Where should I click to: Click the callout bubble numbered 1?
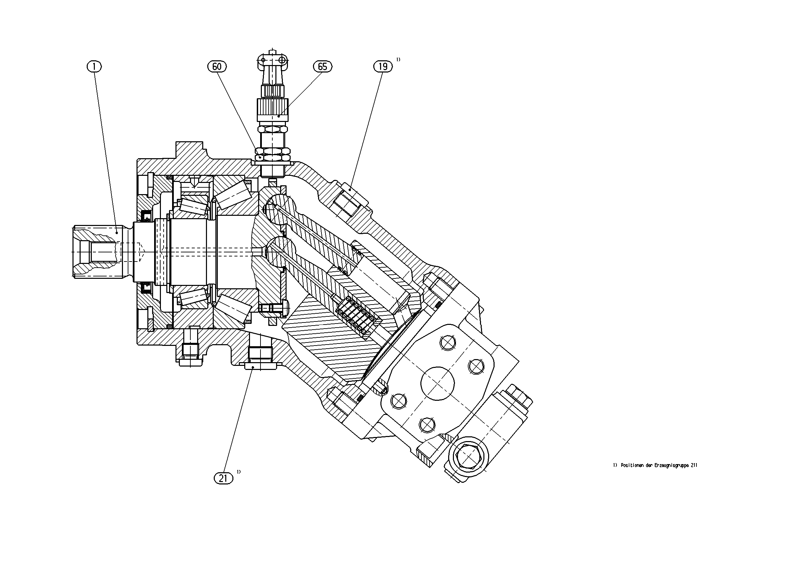point(94,66)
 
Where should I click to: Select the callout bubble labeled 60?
point(217,66)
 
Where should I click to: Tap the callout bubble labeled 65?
point(322,66)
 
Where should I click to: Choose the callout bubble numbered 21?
point(223,478)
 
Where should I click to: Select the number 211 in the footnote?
point(694,465)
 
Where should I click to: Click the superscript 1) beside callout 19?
point(398,59)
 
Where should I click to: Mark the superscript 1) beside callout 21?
point(239,472)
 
